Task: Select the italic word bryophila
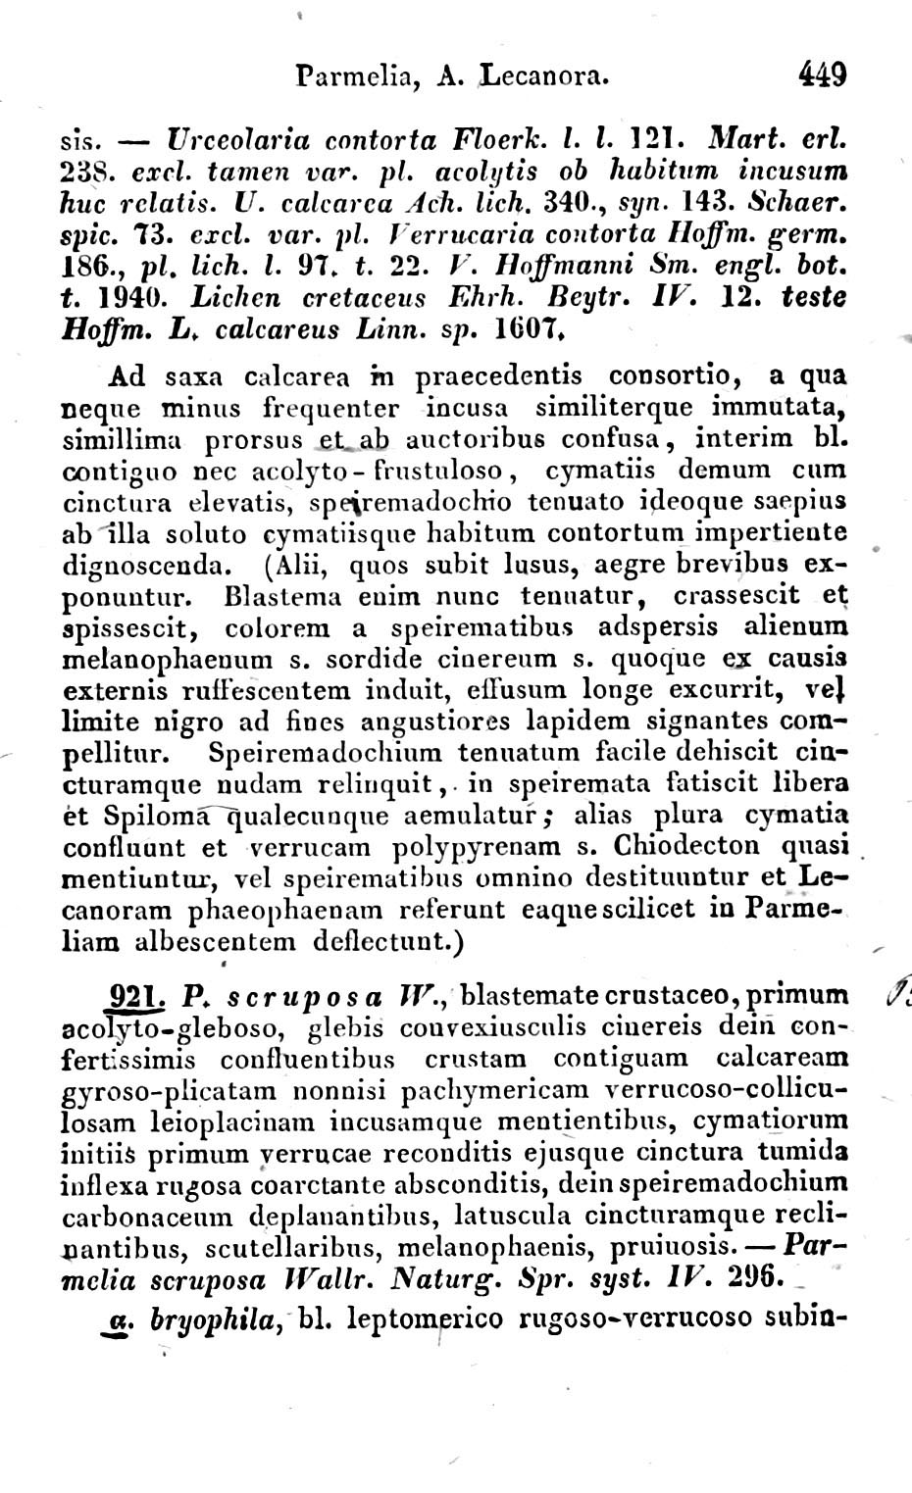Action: (x=207, y=1319)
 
